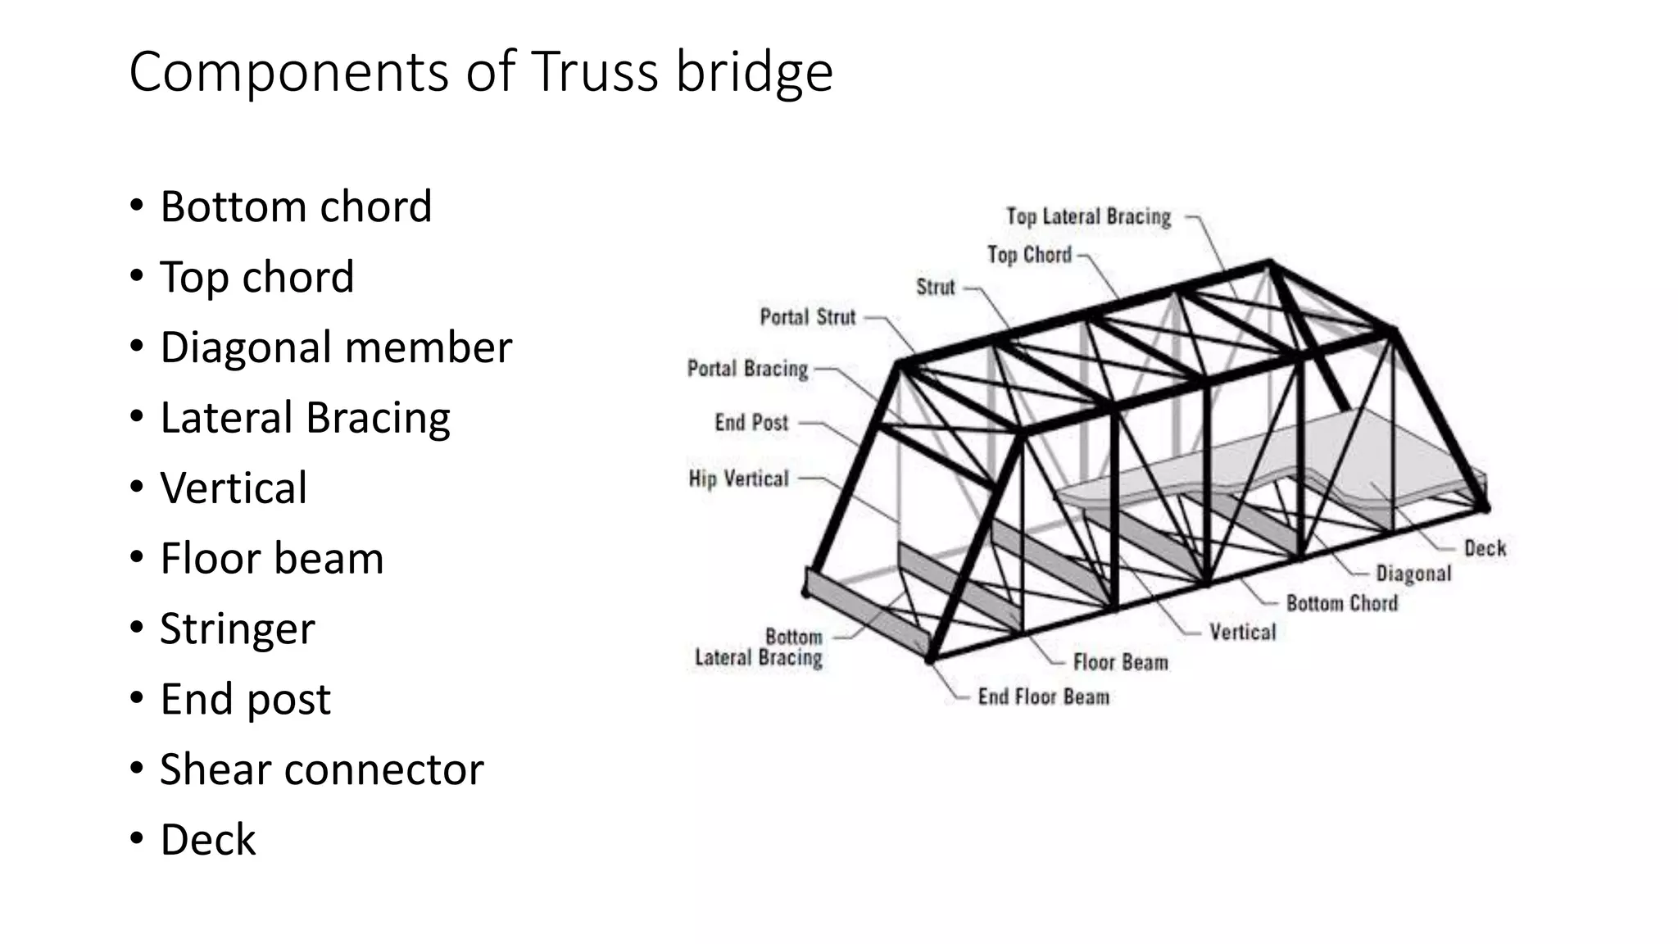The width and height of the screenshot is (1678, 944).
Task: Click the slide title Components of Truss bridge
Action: (x=480, y=72)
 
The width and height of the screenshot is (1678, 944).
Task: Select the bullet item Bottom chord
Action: (x=295, y=206)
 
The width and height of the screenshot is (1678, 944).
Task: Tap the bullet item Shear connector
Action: (x=321, y=769)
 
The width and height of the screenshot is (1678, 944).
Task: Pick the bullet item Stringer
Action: (x=237, y=629)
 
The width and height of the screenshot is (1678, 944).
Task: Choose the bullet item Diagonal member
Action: (x=335, y=347)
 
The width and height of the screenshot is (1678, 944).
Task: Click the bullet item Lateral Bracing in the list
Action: (x=305, y=418)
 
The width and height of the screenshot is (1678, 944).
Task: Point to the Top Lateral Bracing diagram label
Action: (x=1088, y=217)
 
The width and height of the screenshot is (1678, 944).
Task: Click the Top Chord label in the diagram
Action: (x=1029, y=256)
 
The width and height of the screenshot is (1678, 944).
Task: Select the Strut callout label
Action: (x=935, y=288)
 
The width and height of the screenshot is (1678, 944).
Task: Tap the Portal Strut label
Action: (x=807, y=317)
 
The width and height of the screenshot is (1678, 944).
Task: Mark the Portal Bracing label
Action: (x=747, y=369)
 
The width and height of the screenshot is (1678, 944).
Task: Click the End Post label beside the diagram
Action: (x=751, y=423)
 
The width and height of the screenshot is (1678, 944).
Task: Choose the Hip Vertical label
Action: (x=738, y=479)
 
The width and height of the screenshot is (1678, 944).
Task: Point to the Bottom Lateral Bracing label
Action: (x=759, y=647)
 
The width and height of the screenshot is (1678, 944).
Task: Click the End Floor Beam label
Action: (x=1043, y=697)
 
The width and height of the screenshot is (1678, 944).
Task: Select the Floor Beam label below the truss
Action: (x=1120, y=662)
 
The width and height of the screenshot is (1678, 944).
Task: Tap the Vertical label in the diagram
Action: (x=1242, y=633)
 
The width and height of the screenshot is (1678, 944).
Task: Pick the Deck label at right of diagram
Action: (x=1485, y=548)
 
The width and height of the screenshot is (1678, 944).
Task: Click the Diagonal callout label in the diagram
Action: (x=1413, y=574)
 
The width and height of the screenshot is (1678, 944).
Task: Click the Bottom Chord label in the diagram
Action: (x=1341, y=604)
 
